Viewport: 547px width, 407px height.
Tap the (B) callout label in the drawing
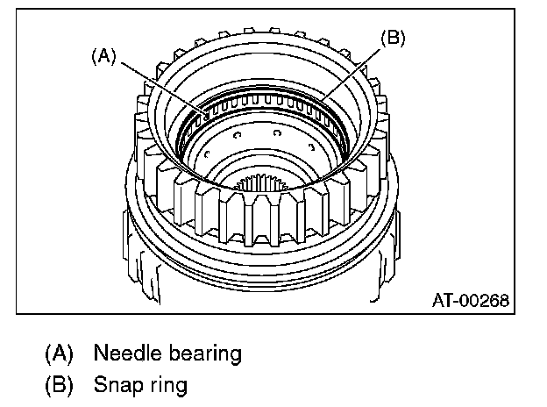392,39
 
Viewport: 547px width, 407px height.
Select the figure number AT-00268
468,300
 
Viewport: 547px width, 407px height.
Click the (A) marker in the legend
59,353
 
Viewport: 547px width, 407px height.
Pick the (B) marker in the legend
59,383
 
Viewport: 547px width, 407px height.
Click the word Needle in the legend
124,353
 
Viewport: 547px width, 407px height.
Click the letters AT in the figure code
442,300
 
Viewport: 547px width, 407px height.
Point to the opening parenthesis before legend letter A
48,353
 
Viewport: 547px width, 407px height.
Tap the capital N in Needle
99,353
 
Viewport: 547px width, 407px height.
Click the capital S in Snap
99,383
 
